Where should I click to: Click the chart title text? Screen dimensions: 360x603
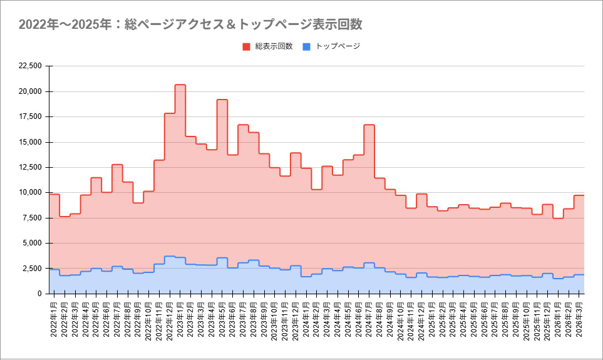pos(190,24)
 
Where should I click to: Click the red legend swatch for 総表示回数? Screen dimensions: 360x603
pos(246,46)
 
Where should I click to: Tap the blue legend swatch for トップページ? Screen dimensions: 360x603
pos(306,46)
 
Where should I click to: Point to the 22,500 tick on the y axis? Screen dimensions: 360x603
pos(31,66)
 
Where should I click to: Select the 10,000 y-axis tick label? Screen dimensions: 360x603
pos(31,192)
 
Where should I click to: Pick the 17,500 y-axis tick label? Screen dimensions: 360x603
pos(31,116)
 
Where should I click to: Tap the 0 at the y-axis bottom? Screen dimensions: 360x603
pos(39,294)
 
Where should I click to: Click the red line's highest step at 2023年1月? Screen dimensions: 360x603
pos(180,85)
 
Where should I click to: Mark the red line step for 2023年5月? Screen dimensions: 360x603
pos(222,100)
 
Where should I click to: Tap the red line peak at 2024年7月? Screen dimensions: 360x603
pos(369,125)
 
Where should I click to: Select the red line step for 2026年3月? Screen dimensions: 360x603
pos(579,195)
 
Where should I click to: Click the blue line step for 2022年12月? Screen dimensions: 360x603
pos(170,256)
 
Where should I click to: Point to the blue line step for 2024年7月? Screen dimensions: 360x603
pos(369,263)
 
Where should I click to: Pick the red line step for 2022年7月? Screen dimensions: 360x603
pos(117,165)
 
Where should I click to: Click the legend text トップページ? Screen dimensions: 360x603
pos(338,46)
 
